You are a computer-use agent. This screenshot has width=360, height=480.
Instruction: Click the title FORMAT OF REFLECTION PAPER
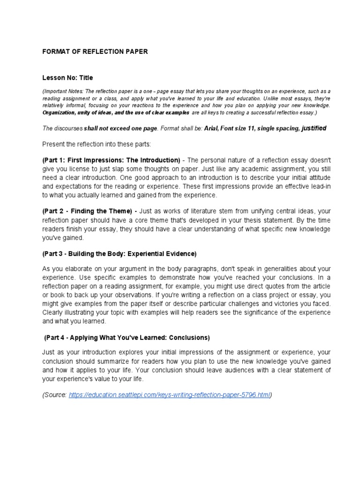(x=95, y=52)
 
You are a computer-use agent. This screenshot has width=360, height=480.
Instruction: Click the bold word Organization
(x=60, y=113)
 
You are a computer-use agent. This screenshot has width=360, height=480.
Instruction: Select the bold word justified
(x=307, y=128)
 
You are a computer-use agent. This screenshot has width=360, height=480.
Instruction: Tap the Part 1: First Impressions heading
(x=111, y=160)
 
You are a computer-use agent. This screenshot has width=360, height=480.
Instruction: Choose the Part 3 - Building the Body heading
(x=119, y=254)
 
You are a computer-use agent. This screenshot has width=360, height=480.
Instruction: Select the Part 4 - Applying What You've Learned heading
(x=127, y=337)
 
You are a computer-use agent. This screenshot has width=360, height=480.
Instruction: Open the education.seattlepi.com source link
(x=170, y=395)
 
